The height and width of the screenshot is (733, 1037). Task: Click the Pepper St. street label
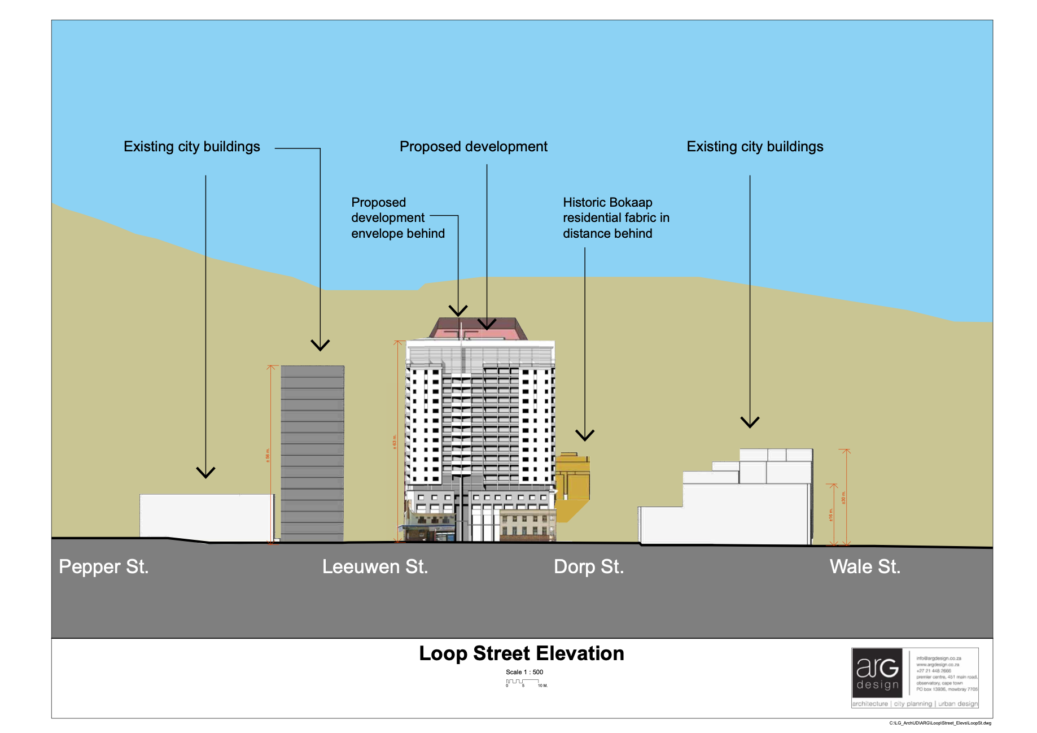[x=104, y=566]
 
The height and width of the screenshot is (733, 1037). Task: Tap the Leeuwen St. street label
[x=375, y=566]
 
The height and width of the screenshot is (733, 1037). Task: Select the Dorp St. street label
[x=589, y=566]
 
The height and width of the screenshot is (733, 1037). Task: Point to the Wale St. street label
[x=865, y=566]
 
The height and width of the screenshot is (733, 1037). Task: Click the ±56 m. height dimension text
[x=268, y=455]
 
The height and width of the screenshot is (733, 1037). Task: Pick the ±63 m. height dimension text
[x=395, y=442]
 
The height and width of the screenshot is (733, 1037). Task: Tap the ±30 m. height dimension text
[x=843, y=498]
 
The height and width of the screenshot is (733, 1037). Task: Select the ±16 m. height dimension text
[x=830, y=515]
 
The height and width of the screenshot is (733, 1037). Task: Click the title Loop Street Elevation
[x=521, y=653]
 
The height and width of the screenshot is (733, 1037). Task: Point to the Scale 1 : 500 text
[x=524, y=672]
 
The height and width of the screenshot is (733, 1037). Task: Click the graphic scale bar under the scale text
[x=523, y=682]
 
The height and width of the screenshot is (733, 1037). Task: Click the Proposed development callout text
[x=473, y=147]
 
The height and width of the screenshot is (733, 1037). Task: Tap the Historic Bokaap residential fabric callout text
[x=615, y=218]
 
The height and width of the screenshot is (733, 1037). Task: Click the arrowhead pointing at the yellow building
[x=585, y=435]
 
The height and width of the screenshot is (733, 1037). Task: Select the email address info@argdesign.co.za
[x=938, y=658]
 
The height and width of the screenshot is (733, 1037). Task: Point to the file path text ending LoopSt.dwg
[x=940, y=723]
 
